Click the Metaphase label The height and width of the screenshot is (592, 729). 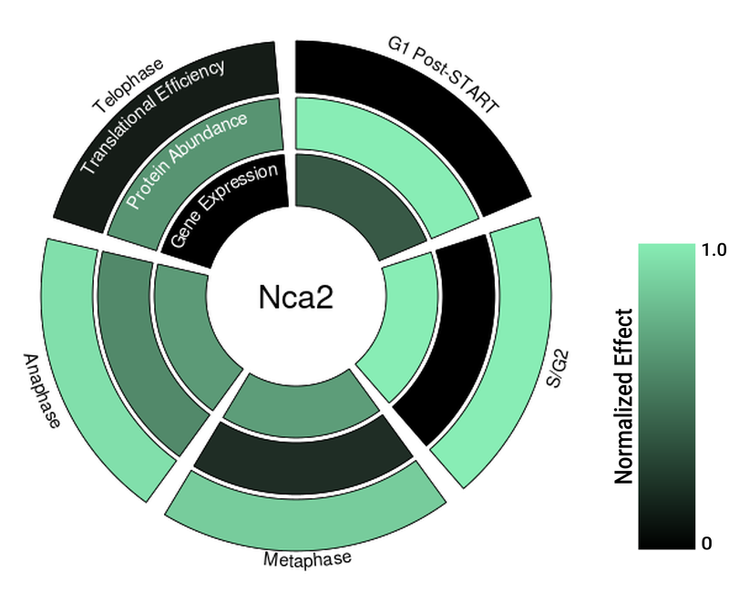point(306,557)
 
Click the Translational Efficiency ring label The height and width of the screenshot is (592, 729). point(152,117)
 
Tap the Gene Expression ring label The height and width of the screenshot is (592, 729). point(223,206)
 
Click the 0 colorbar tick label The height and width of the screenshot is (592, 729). point(706,544)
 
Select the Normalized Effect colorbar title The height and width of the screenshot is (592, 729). point(623,396)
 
